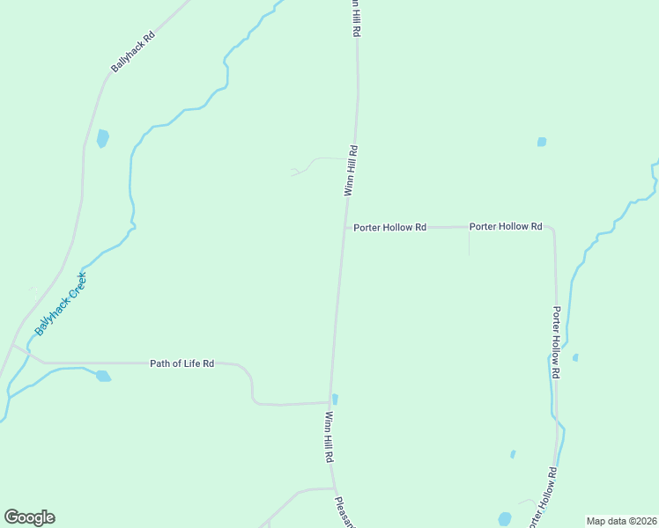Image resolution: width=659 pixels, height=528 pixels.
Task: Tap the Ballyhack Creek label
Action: click(61, 304)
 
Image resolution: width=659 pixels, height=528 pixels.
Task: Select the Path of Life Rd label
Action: click(182, 363)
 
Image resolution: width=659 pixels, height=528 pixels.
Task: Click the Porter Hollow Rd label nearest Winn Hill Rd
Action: click(389, 227)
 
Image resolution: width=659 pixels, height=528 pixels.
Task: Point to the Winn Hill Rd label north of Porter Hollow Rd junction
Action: click(352, 170)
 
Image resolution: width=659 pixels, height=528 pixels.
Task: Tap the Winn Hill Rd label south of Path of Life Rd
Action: click(329, 437)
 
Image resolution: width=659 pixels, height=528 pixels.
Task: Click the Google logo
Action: click(29, 517)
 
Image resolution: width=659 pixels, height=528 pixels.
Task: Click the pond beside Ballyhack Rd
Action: click(103, 138)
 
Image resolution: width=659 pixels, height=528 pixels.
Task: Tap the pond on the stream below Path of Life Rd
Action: click(103, 376)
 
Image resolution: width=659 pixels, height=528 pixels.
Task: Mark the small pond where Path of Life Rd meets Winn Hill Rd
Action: click(335, 399)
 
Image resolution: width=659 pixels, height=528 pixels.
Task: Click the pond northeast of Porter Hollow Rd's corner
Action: click(542, 142)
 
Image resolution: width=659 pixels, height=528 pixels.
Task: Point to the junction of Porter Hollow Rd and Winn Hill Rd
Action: click(344, 227)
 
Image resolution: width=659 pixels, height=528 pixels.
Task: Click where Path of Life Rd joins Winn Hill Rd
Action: click(330, 403)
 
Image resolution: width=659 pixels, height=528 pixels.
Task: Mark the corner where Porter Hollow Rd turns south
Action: click(552, 229)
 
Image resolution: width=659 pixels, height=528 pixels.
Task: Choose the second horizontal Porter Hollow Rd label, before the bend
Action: click(505, 226)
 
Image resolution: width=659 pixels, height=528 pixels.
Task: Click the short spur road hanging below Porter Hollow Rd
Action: click(469, 242)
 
